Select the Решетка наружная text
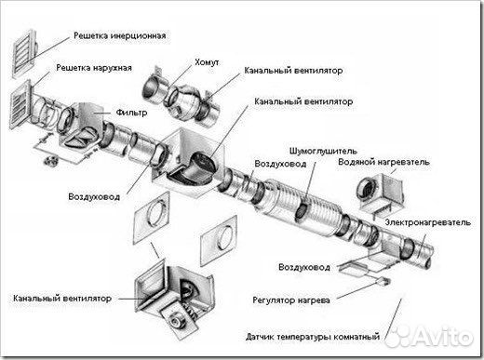click(x=100, y=68)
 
